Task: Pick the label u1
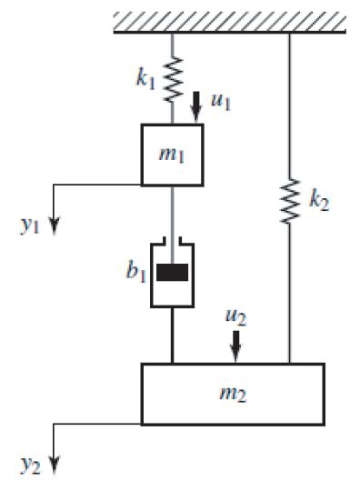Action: coord(219,102)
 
